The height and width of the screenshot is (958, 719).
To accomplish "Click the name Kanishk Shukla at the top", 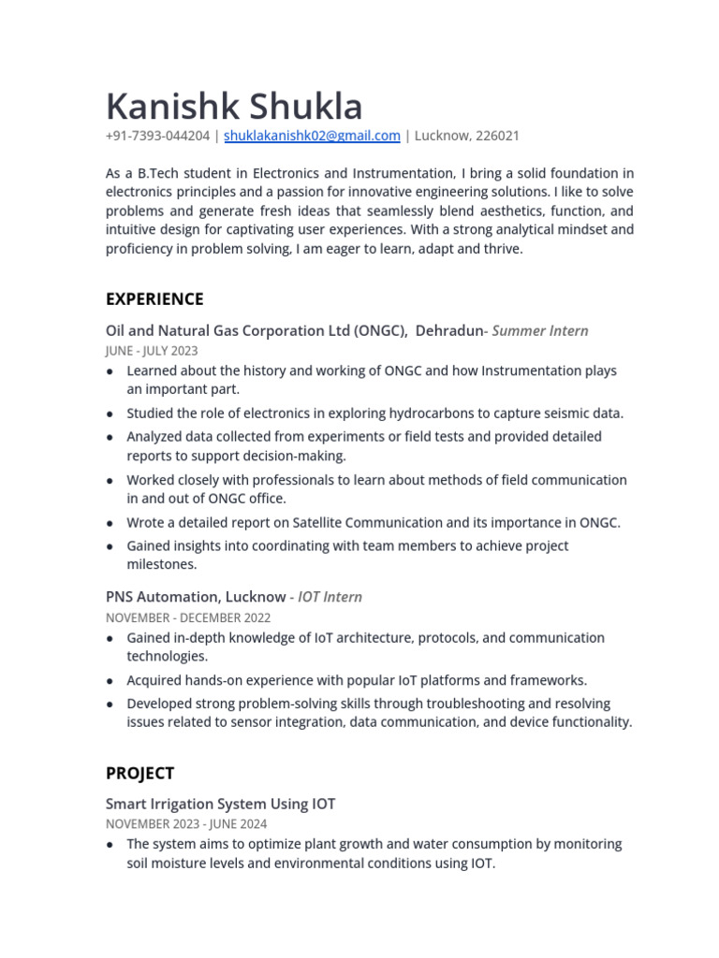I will [234, 106].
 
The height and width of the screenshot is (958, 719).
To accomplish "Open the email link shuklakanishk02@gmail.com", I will [312, 136].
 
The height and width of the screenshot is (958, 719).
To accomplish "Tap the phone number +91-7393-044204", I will [157, 136].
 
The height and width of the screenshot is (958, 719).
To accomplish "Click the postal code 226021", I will [497, 136].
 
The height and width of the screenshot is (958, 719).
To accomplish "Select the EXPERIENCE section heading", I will [154, 299].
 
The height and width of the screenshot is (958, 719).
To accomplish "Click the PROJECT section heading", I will [139, 774].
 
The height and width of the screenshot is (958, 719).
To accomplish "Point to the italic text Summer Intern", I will [540, 330].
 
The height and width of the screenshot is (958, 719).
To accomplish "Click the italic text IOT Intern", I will [330, 597].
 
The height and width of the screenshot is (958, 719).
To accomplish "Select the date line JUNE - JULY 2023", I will [152, 351].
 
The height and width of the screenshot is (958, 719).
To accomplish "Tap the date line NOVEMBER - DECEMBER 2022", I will [188, 617].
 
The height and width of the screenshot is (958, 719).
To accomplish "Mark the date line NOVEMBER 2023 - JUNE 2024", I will [186, 824].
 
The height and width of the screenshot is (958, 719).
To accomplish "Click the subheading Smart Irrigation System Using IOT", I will [220, 804].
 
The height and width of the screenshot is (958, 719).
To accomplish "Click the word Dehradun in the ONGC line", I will [449, 330].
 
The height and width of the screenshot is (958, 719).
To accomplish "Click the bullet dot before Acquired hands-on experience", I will [110, 681].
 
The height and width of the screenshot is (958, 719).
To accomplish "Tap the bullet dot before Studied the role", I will [110, 414].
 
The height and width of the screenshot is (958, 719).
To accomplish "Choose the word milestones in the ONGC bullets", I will [161, 565].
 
